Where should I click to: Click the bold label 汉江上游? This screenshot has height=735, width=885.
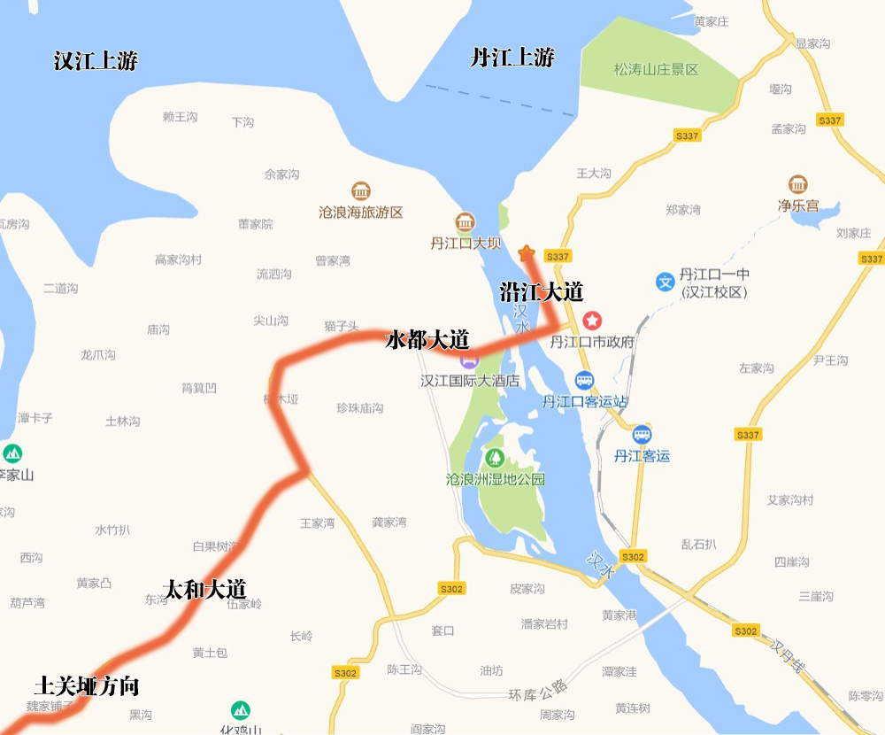[96, 61]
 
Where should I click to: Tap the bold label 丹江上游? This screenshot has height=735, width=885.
[512, 58]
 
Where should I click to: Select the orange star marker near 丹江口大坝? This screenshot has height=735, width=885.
[527, 252]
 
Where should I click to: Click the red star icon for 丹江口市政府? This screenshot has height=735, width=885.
[591, 320]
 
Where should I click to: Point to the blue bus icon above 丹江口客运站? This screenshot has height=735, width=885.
[584, 381]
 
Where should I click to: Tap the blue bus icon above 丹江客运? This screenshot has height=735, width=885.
[643, 435]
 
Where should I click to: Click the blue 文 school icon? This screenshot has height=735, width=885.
[665, 282]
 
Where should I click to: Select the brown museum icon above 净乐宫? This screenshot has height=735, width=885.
[797, 185]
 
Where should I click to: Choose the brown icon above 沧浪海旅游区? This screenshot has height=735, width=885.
[360, 191]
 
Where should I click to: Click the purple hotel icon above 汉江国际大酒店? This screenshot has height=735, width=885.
[468, 360]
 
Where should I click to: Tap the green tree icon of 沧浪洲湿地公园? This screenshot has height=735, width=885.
[495, 458]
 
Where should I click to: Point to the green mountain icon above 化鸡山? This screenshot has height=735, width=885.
[240, 710]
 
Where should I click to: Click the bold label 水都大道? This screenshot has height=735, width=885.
[427, 340]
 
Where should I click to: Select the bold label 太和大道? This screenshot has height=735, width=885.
[205, 589]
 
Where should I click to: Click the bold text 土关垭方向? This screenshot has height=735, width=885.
[87, 685]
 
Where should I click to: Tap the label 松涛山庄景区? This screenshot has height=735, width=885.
[657, 69]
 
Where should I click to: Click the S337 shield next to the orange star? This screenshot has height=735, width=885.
[558, 256]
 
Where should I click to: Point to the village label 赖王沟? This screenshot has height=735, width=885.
[180, 116]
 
